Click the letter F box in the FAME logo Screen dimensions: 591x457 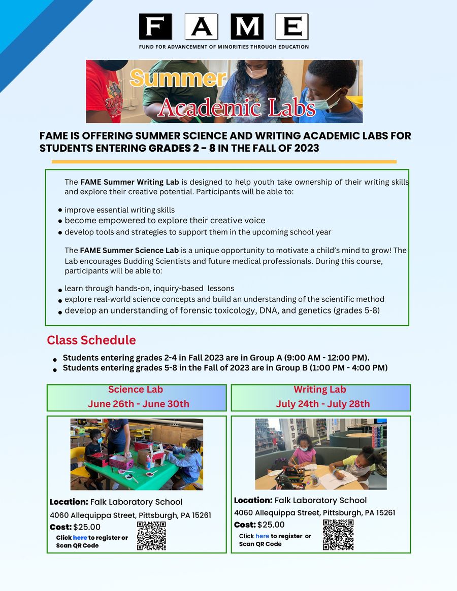155,27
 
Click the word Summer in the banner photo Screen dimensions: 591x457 178,78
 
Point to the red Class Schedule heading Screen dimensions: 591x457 91,340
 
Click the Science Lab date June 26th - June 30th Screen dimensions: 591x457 138,404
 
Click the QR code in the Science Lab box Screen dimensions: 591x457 151,536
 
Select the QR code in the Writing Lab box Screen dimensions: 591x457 338,535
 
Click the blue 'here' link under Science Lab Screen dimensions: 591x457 80,538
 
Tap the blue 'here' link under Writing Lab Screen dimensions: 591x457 262,536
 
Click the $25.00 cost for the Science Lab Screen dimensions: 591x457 87,527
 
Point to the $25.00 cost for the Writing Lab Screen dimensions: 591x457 271,525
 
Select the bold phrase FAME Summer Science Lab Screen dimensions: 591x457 129,250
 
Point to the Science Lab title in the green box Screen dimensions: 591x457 136,390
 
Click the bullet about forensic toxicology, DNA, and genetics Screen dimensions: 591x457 222,310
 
